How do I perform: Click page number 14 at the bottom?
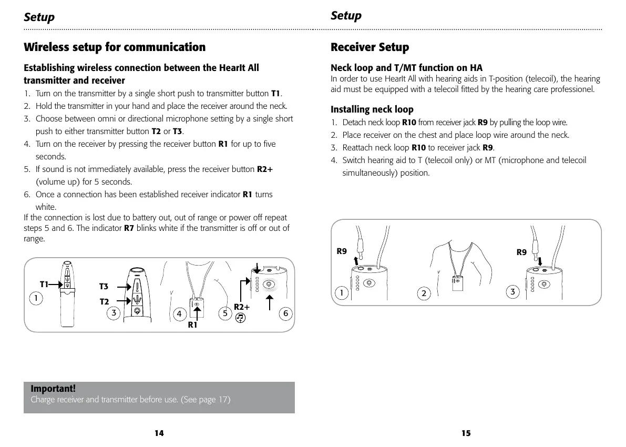(159, 433)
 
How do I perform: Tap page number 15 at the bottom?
(466, 433)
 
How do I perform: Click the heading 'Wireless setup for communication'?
(115, 47)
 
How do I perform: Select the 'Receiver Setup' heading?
(370, 47)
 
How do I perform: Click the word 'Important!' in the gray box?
(53, 389)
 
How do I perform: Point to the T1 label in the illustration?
(44, 284)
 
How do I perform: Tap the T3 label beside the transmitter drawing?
(104, 287)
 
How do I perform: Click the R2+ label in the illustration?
(242, 307)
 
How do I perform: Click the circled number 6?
(285, 314)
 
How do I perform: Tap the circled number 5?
(224, 314)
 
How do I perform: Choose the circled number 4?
(179, 314)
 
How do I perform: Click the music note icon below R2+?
(240, 318)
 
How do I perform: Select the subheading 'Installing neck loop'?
(372, 109)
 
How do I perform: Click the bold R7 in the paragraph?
(129, 228)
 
